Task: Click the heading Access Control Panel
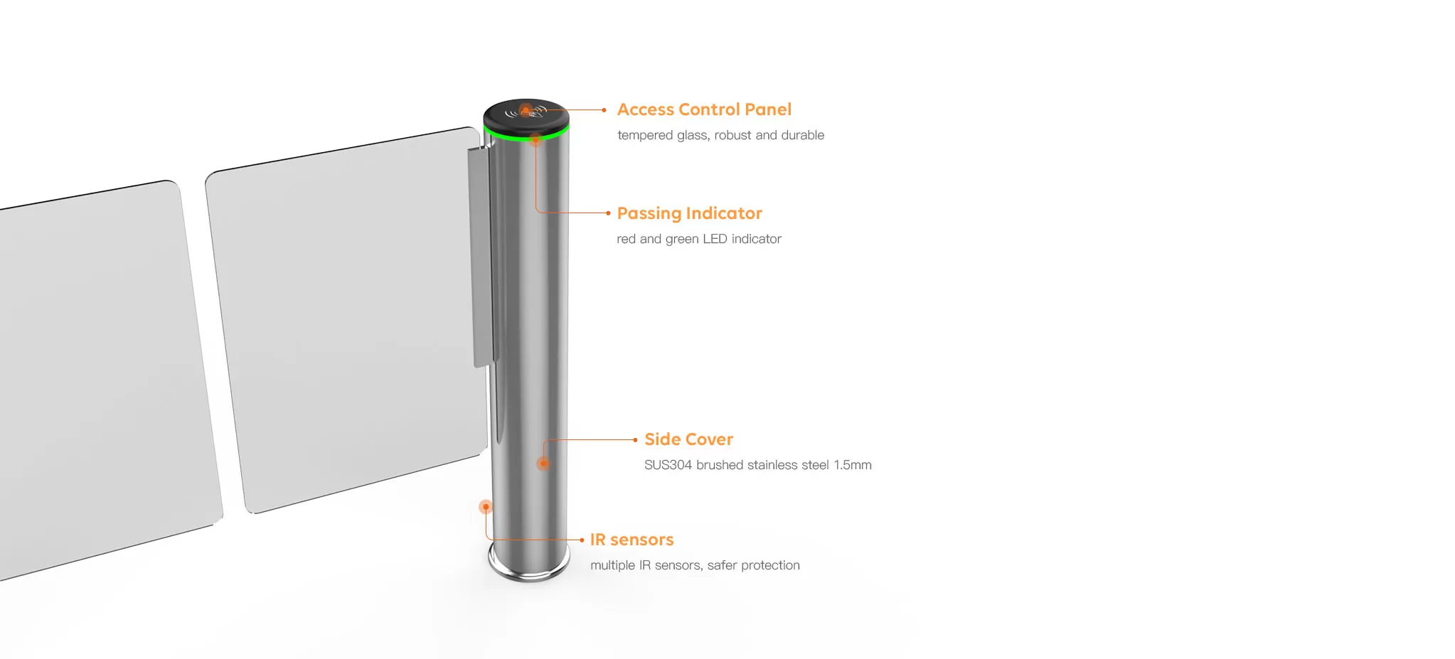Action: (x=704, y=109)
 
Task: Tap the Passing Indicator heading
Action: (x=689, y=213)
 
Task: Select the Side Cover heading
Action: (x=688, y=439)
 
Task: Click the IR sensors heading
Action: (x=631, y=540)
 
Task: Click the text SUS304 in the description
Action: (x=668, y=465)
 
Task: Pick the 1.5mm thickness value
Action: (x=853, y=465)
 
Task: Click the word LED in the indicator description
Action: (x=715, y=239)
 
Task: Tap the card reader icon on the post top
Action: (x=526, y=112)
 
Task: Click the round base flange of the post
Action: (x=529, y=566)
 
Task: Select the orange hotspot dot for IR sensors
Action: (x=486, y=507)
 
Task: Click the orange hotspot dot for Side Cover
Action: (x=543, y=464)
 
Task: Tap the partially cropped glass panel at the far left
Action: (x=107, y=377)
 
